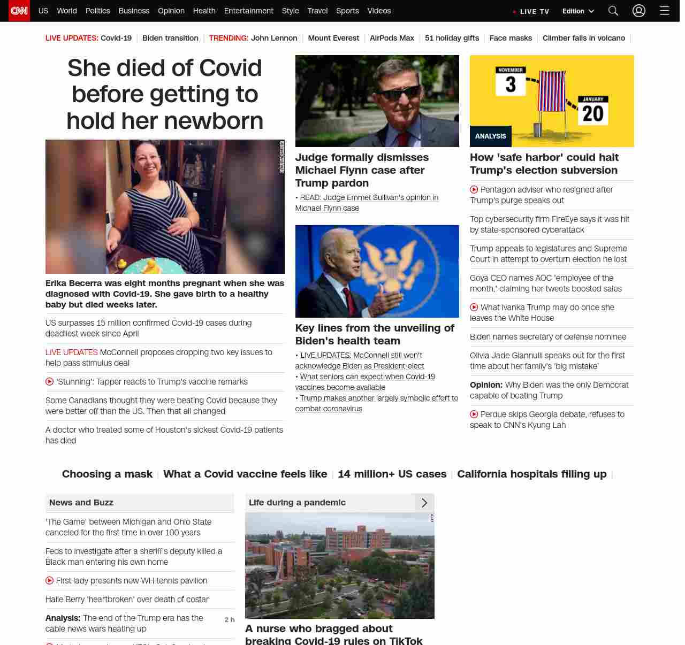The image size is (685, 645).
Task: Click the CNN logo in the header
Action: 19,11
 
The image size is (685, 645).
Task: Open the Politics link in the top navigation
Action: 97,11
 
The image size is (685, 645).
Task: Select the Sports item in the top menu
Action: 347,11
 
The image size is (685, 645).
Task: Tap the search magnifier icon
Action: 613,11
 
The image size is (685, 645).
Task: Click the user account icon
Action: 639,11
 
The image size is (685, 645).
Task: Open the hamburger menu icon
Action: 665,11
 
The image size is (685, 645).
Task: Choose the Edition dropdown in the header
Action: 578,11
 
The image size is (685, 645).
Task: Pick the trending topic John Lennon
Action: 274,38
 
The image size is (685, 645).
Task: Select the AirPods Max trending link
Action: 392,38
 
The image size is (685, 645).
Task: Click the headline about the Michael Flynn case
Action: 362,170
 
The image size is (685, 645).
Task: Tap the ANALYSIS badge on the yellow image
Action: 491,136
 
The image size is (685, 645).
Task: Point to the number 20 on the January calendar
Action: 593,114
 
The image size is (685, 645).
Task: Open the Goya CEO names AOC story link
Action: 545,283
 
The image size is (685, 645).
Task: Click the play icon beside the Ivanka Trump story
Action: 474,307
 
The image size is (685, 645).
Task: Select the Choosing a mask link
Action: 107,474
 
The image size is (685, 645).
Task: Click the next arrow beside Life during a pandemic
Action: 424,503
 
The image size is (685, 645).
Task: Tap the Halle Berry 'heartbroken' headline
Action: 127,600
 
